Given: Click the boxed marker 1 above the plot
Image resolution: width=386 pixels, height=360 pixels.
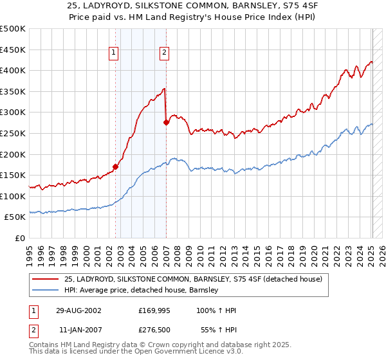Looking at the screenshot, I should [x=114, y=53].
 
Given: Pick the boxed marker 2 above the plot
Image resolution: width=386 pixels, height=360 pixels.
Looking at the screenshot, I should [x=165, y=53].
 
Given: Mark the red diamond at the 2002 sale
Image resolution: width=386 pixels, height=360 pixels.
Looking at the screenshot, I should [x=116, y=167].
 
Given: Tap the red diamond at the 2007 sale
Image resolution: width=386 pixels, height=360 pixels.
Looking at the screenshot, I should [x=166, y=122].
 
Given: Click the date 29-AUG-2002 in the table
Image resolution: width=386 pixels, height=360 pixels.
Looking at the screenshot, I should [x=80, y=310].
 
